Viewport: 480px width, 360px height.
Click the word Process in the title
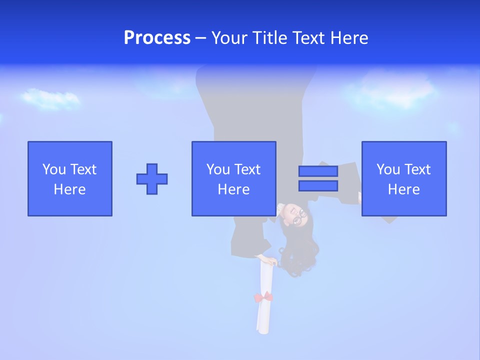[157, 38]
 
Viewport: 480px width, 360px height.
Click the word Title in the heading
[269, 38]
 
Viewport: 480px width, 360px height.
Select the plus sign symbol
[152, 179]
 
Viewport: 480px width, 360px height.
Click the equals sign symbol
[318, 178]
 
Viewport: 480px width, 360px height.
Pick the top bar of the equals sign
[318, 171]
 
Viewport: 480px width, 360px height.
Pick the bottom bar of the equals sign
[318, 185]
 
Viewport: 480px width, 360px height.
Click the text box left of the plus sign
[70, 178]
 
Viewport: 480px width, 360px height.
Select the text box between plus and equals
[233, 178]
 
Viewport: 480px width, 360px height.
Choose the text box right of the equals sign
[404, 178]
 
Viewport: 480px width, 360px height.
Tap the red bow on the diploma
[263, 297]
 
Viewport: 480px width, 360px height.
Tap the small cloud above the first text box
[50, 98]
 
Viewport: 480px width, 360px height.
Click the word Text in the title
[309, 38]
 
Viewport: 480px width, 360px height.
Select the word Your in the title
[230, 38]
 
